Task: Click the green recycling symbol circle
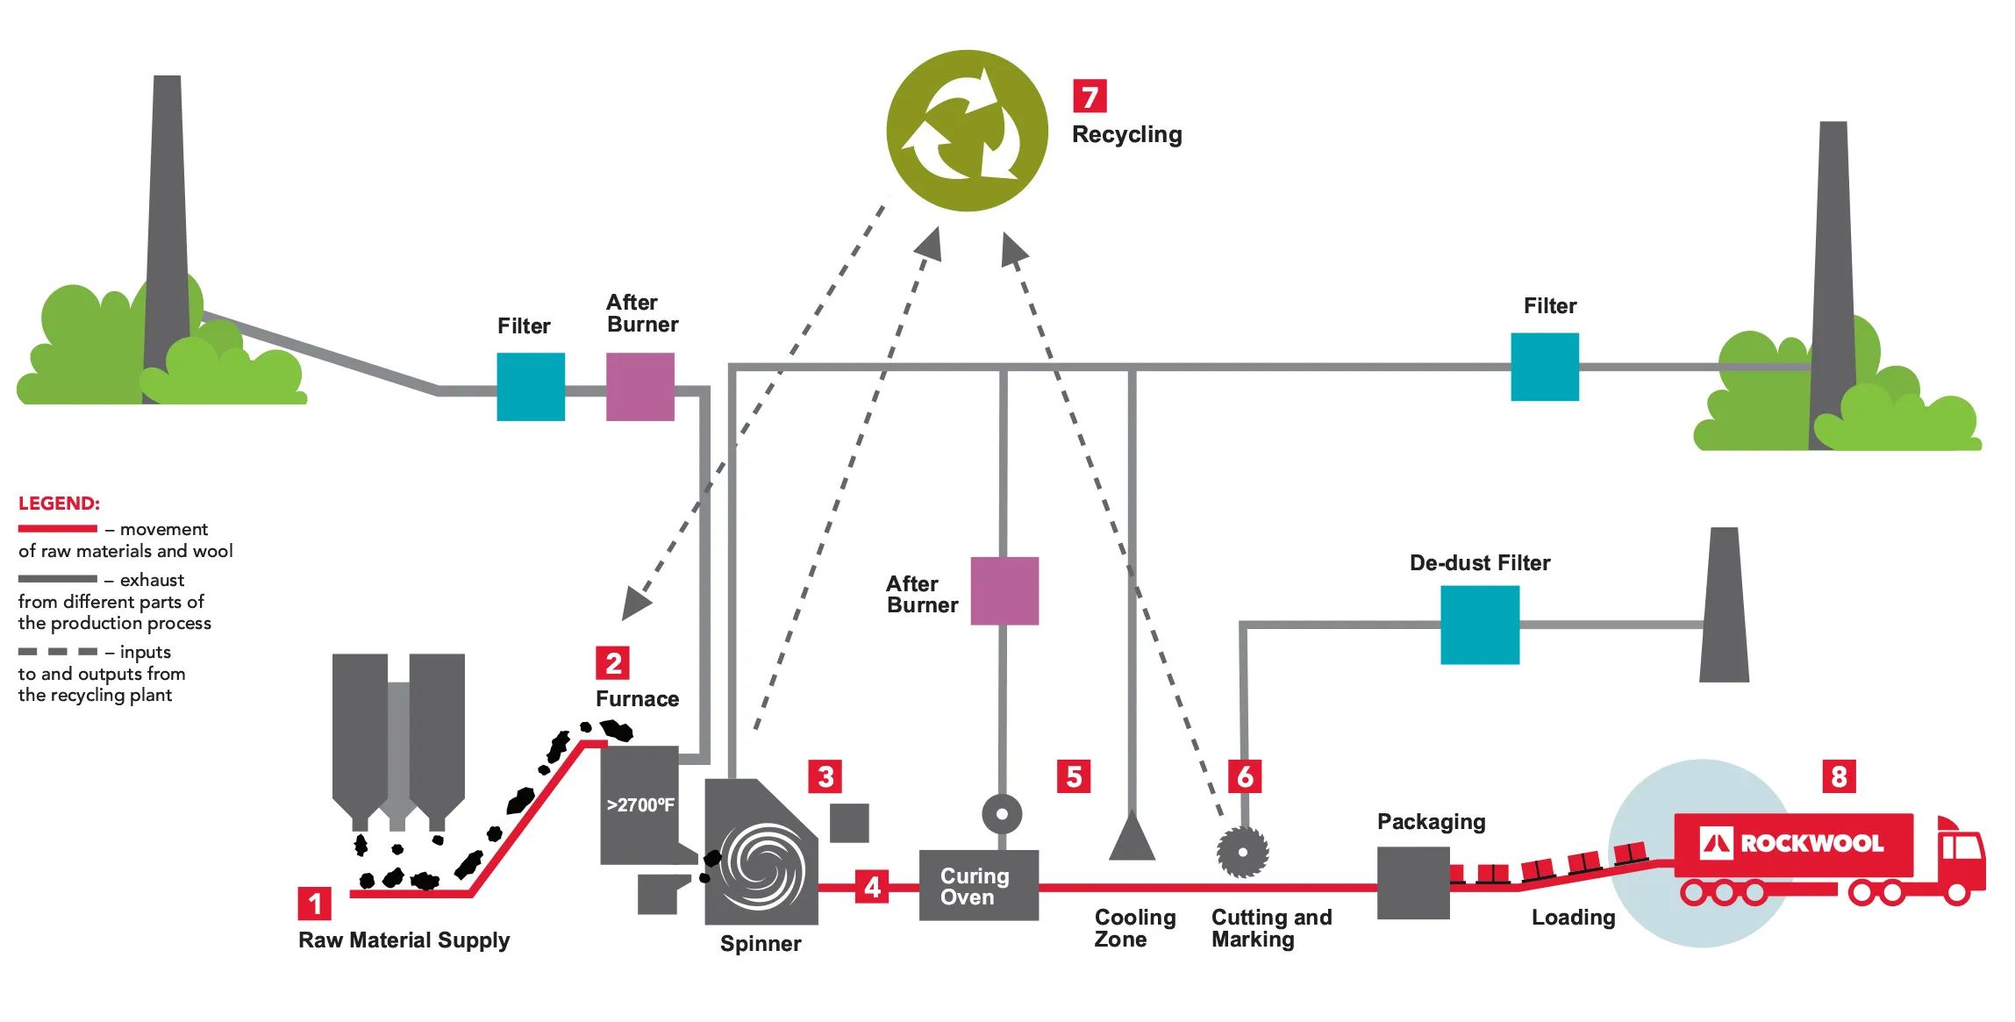967,131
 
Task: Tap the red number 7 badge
1090,96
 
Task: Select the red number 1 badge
315,904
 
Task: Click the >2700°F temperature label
640,804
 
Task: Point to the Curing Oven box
979,884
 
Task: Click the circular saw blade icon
1242,851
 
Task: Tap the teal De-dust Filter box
1480,625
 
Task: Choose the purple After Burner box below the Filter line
1004,590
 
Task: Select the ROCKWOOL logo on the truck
1792,843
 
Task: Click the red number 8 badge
1839,776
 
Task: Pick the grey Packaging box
1413,883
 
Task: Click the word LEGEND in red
59,504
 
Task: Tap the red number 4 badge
872,886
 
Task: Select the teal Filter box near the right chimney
1545,367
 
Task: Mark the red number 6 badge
1245,776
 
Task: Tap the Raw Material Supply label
404,940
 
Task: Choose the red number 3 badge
825,776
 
